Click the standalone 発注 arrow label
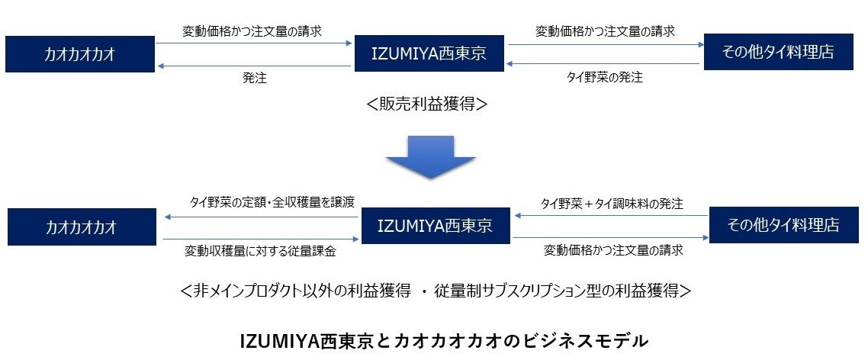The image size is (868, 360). point(255,78)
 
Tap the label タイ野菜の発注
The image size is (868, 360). point(604,78)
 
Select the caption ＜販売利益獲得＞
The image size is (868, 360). point(426,104)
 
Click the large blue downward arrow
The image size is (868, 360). point(430,156)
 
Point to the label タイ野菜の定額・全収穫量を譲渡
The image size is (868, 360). point(272,203)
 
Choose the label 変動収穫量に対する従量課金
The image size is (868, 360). point(260,249)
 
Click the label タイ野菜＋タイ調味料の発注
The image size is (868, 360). point(612,204)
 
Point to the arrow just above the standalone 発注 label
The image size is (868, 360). point(255,66)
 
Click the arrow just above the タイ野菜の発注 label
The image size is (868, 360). point(604,64)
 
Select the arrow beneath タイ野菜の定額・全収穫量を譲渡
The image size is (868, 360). point(261,217)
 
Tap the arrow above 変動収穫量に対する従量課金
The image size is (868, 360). point(261,239)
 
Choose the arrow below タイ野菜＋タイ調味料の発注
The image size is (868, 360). point(611,216)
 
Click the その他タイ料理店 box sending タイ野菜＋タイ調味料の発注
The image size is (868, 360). point(783,225)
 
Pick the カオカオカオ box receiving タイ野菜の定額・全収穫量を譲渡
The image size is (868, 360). point(81,227)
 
